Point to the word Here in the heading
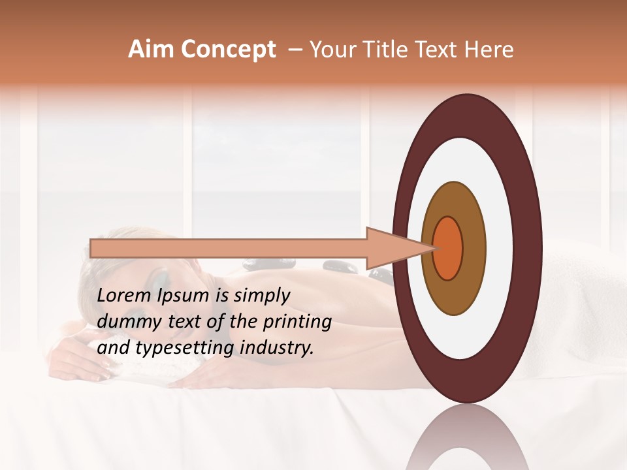tap(490, 50)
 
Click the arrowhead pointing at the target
tap(398, 248)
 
